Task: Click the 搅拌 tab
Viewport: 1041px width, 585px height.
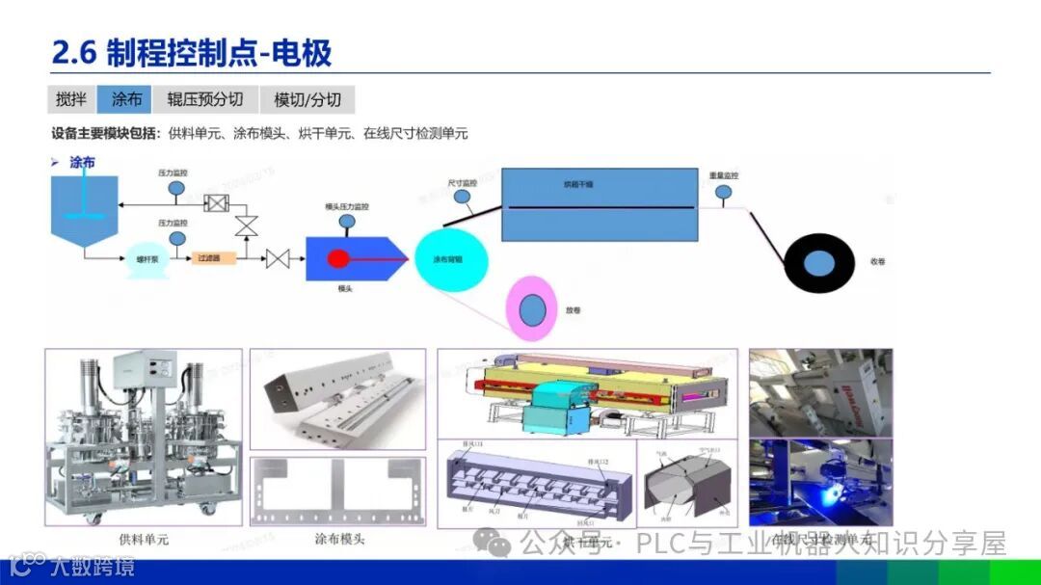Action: click(71, 99)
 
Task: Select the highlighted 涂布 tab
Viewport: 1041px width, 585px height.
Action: click(127, 99)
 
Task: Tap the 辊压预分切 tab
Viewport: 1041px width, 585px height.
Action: click(204, 99)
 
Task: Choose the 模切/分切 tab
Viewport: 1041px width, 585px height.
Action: click(307, 99)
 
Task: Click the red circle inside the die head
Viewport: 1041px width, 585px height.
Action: click(338, 258)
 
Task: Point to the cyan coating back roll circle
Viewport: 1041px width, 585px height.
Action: click(451, 259)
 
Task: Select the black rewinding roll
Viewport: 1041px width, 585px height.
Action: click(818, 262)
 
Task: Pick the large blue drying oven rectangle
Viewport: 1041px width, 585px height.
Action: click(599, 205)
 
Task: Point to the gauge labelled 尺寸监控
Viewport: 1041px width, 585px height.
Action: click(463, 198)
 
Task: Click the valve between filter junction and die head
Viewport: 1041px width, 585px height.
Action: click(279, 258)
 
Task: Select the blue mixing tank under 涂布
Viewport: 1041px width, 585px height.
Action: click(85, 207)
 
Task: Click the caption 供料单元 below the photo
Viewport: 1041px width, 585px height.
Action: click(143, 540)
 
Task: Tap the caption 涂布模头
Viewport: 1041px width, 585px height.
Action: click(339, 540)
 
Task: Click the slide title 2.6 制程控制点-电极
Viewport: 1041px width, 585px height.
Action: click(192, 53)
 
